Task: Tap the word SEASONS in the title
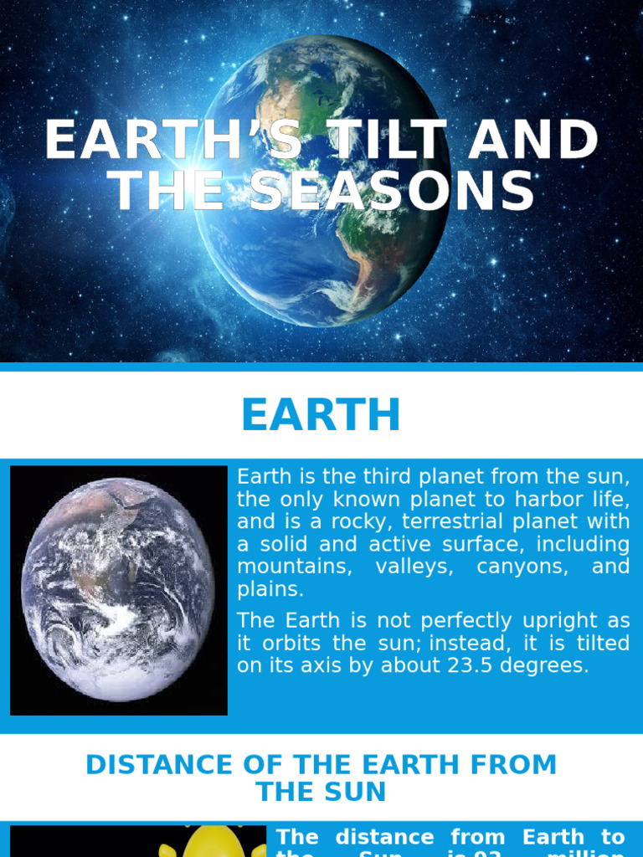coord(392,191)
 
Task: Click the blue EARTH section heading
coord(321,416)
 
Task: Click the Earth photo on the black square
coord(118,590)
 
